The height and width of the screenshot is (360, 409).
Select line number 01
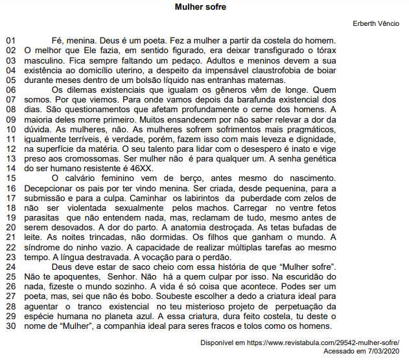(x=10, y=41)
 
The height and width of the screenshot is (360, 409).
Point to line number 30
(x=10, y=326)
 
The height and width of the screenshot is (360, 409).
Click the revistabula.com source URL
(x=324, y=342)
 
